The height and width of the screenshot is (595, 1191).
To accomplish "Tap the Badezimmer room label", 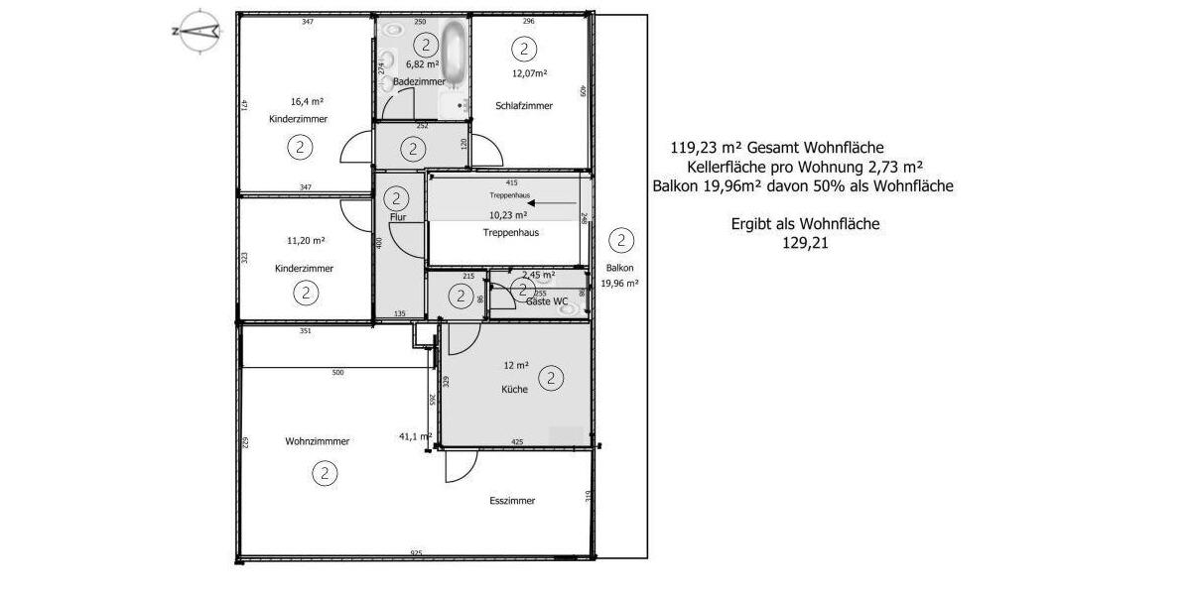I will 420,81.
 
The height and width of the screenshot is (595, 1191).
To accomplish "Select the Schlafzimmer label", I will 523,106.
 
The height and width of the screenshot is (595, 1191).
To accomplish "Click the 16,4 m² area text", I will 308,101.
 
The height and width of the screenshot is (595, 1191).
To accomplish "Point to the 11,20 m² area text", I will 306,240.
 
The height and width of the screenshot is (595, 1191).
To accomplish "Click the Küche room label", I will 514,390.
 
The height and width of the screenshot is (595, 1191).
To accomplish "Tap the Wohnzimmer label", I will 317,441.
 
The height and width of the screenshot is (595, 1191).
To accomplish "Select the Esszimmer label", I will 512,501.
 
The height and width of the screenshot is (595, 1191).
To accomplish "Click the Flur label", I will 399,216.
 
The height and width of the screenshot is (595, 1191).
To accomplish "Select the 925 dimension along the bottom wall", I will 416,553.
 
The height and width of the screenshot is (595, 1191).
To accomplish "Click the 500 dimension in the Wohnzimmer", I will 337,373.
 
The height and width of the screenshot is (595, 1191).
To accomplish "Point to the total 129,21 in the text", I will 805,240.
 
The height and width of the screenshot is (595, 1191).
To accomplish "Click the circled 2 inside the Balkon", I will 620,239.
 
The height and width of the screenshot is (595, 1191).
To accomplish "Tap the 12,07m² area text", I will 530,73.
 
